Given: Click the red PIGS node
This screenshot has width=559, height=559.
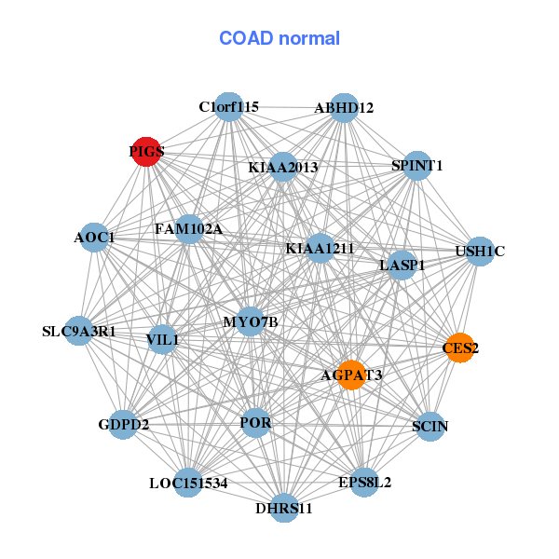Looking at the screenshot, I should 146,151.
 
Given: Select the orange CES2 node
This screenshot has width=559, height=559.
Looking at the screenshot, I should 459,348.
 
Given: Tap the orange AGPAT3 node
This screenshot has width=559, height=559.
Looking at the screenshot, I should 351,375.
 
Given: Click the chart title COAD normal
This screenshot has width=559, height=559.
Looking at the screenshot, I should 279,38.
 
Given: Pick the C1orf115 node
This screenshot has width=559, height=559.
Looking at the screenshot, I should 228,107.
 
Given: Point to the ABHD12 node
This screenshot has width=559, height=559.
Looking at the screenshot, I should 344,108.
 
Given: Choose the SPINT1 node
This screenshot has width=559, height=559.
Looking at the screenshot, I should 416,166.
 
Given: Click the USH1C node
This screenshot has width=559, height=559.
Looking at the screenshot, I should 479,251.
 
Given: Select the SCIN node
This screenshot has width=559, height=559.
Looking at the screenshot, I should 429,426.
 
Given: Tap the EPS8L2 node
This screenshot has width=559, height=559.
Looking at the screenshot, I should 364,483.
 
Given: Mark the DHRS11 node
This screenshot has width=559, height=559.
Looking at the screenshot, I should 284,508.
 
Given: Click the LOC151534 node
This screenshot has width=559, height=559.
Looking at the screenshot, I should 188,483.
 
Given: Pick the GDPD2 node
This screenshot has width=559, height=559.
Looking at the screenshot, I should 124,425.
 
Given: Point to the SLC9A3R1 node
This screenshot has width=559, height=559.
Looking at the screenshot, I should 79,331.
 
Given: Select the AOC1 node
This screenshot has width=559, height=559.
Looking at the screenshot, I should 93,238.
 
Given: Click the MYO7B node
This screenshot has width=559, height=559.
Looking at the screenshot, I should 251,321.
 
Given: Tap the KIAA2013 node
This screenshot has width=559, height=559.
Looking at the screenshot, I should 283,168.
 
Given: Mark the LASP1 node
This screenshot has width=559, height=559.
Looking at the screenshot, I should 402,266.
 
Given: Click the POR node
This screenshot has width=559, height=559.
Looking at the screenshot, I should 255,423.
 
